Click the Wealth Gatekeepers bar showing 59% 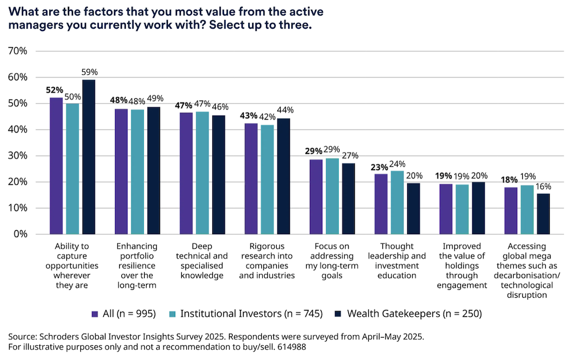click(x=89, y=157)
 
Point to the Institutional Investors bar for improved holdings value click(x=462, y=209)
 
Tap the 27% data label click(x=349, y=156)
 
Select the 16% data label click(x=544, y=186)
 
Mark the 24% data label click(x=398, y=164)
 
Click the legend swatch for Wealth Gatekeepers click(x=338, y=313)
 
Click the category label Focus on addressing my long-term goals click(x=332, y=261)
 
